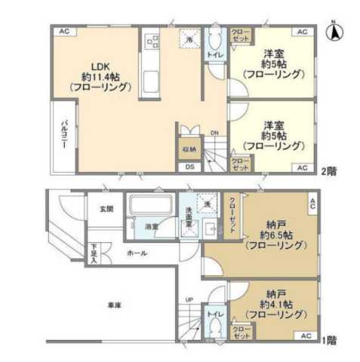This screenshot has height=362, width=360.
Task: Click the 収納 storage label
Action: coord(189,149)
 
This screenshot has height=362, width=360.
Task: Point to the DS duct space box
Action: coord(189,167)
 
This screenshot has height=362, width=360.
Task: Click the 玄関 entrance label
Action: coord(106,208)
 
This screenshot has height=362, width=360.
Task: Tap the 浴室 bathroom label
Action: coord(152,225)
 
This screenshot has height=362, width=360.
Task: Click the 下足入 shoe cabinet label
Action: coord(94,250)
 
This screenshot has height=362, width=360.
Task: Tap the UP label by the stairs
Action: coord(189,299)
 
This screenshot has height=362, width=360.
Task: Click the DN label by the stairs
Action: coord(214,133)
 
